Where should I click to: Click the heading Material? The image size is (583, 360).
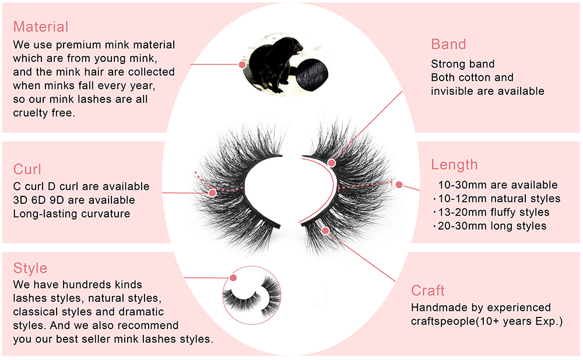41,27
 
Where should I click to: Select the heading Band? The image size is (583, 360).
448,44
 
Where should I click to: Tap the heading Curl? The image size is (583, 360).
27,170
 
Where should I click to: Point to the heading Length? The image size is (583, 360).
454,165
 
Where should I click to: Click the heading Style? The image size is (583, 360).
30,269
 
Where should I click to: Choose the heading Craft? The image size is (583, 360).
428,291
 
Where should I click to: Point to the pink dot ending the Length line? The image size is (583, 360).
399,185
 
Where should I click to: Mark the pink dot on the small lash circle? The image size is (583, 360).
233,278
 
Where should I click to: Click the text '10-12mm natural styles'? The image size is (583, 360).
496,199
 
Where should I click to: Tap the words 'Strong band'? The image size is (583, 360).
462,64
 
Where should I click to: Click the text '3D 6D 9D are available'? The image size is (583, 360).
74,200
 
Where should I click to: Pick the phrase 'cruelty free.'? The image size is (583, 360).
44,113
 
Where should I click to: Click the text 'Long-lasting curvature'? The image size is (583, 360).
72,213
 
